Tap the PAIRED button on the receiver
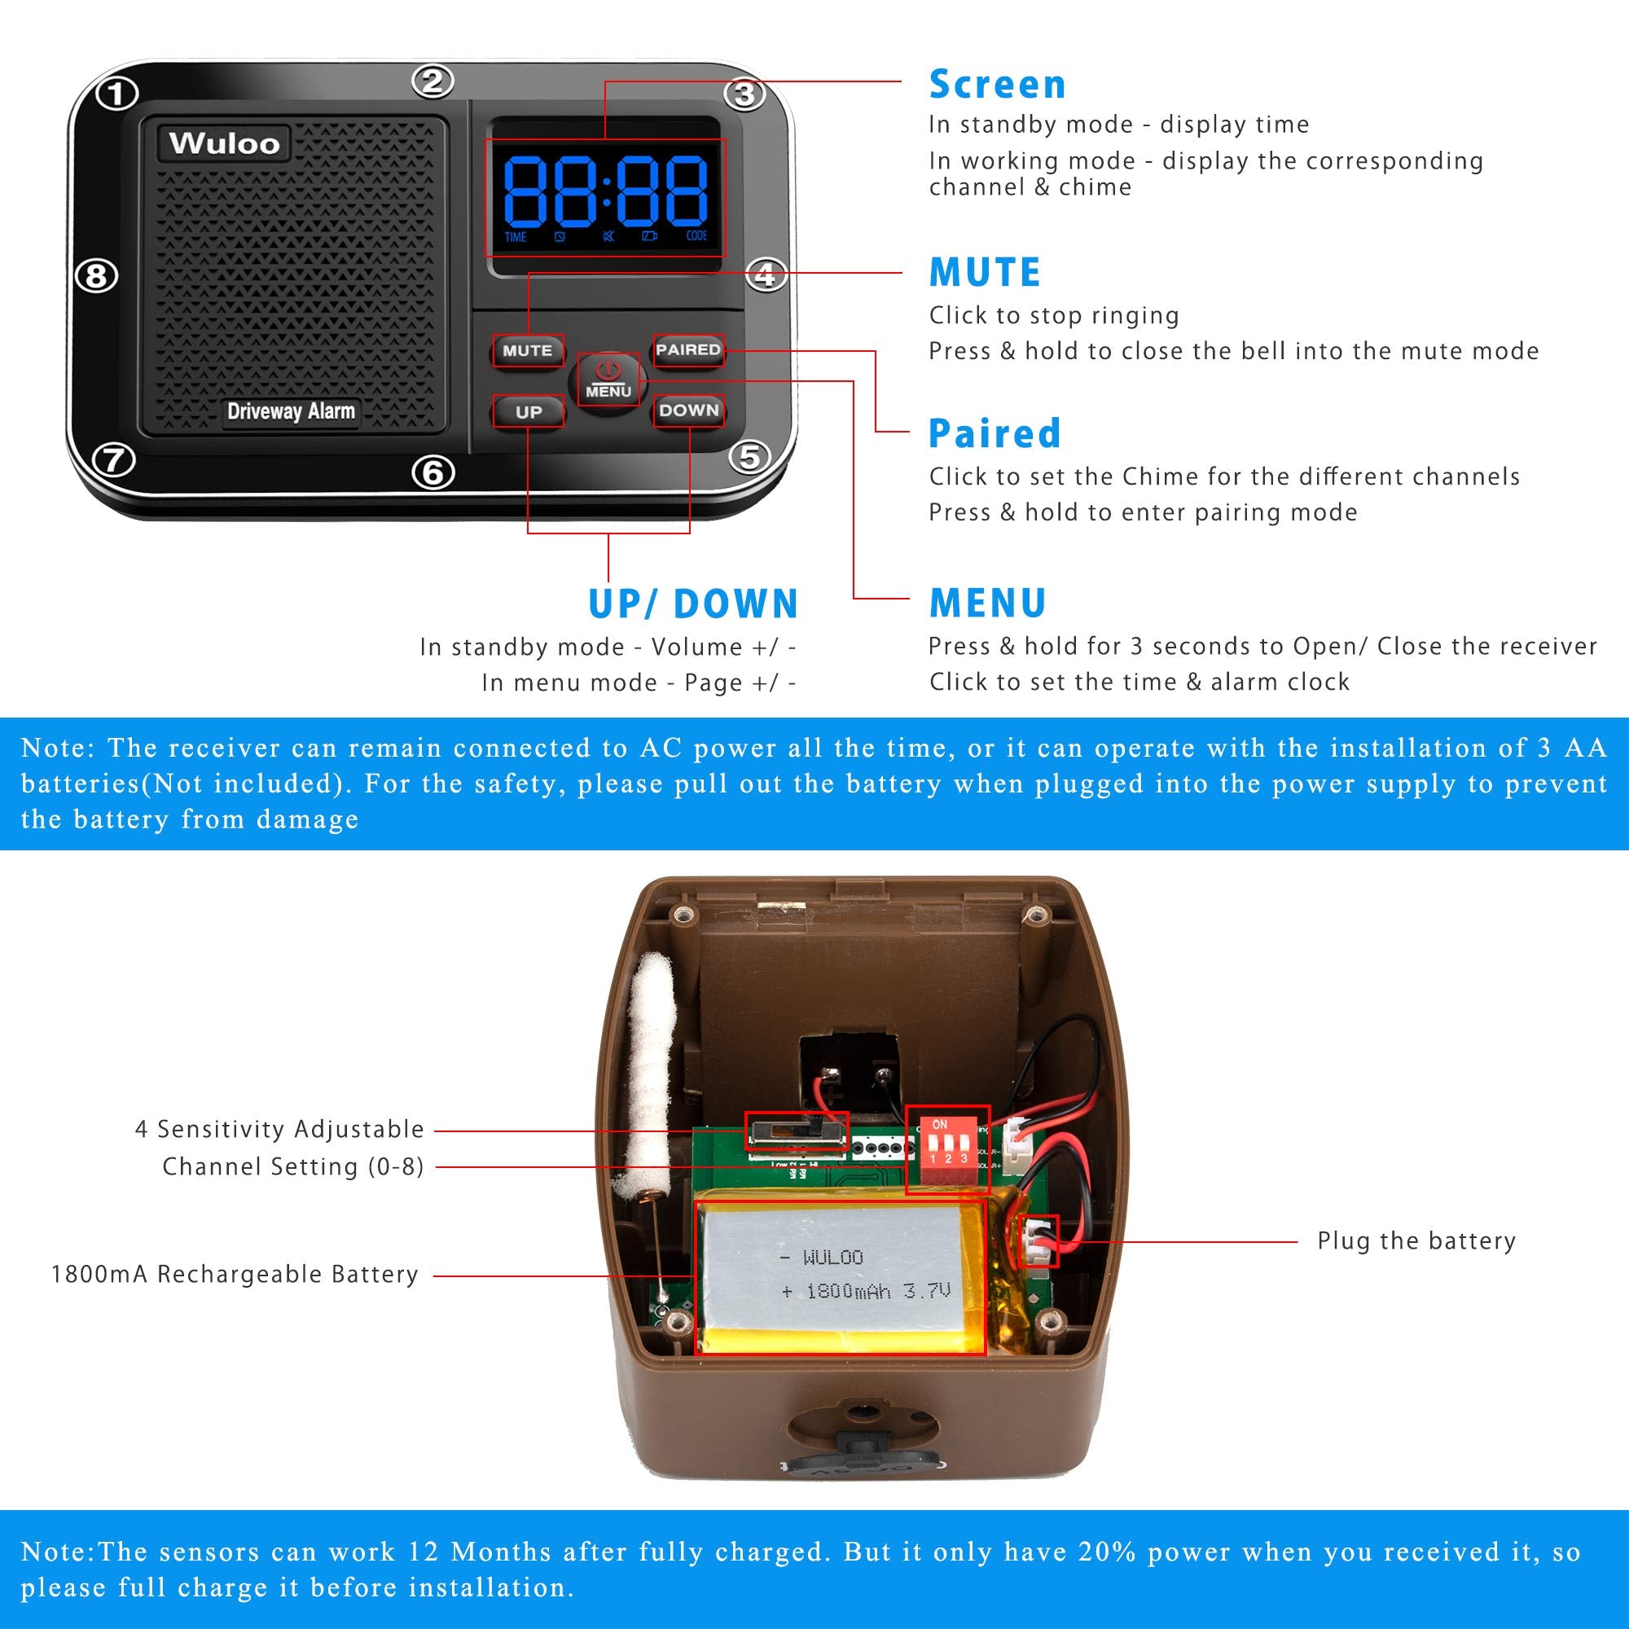click(x=688, y=350)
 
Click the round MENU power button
click(x=608, y=380)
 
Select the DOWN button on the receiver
click(x=688, y=411)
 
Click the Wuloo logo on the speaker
click(x=223, y=143)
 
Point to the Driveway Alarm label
click(x=291, y=411)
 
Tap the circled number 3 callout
click(x=744, y=93)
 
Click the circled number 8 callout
click(x=96, y=276)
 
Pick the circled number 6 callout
click(x=433, y=472)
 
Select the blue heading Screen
click(x=997, y=85)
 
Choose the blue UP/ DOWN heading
click(x=693, y=604)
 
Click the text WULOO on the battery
click(x=832, y=1258)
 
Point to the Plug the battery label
click(x=1416, y=1241)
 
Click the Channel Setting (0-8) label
click(x=292, y=1167)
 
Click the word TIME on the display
click(x=516, y=238)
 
